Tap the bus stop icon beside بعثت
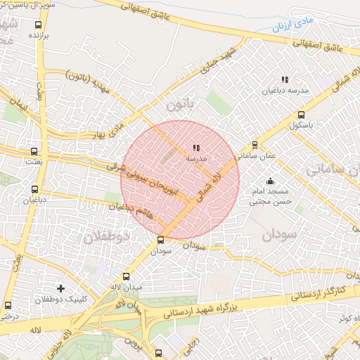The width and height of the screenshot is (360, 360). (34, 151)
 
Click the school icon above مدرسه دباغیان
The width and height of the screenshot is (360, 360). (285, 80)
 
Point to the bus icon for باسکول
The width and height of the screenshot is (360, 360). (302, 115)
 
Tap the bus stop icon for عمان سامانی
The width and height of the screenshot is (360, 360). (255, 145)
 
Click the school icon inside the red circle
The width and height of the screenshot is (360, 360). (195, 148)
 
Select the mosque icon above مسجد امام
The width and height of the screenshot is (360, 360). (271, 181)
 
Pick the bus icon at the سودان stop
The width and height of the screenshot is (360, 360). (161, 240)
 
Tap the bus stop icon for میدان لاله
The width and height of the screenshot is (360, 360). (127, 276)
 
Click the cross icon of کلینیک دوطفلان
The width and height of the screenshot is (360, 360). (61, 288)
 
